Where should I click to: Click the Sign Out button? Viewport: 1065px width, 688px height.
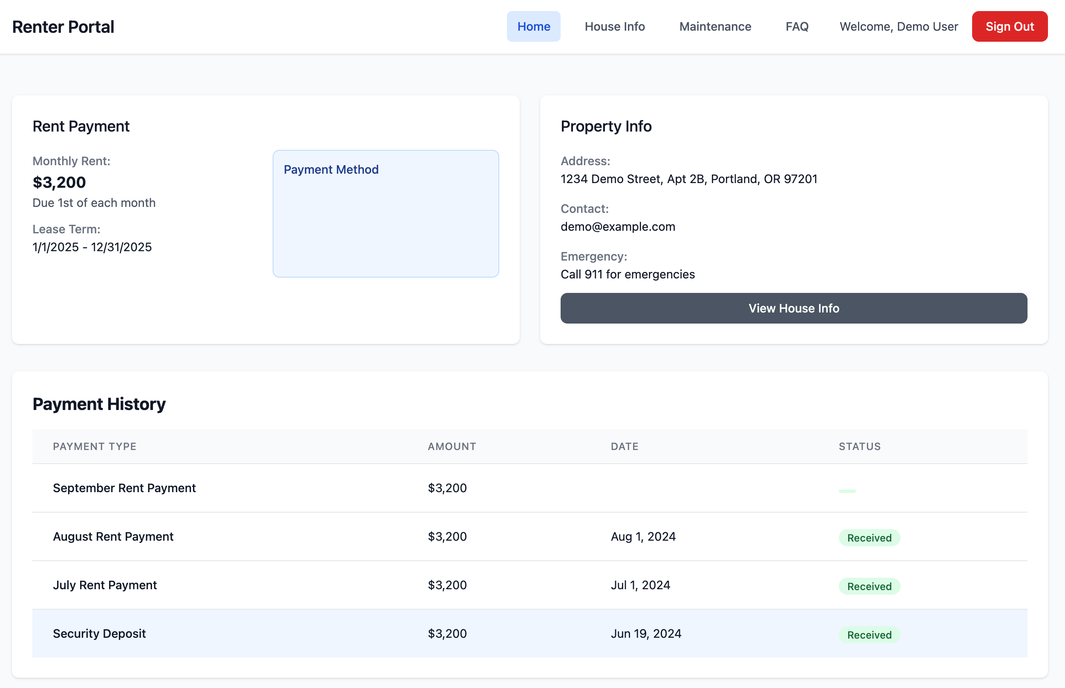pyautogui.click(x=1009, y=26)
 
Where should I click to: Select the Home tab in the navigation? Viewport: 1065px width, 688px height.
pyautogui.click(x=533, y=26)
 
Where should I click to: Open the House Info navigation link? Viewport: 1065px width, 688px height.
pyautogui.click(x=615, y=26)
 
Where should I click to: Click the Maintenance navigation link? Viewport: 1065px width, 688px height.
pyautogui.click(x=715, y=26)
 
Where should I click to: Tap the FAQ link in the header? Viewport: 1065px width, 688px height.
pyautogui.click(x=797, y=26)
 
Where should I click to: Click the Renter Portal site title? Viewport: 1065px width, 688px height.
pyautogui.click(x=63, y=27)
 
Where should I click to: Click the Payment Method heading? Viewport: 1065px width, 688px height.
pyautogui.click(x=331, y=169)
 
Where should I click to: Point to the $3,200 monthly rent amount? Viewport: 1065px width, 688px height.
pyautogui.click(x=59, y=182)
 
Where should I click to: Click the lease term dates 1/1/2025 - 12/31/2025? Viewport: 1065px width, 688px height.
pyautogui.click(x=92, y=247)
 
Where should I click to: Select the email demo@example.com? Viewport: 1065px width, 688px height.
pyautogui.click(x=618, y=226)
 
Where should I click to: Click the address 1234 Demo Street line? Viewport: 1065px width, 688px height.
pyautogui.click(x=689, y=179)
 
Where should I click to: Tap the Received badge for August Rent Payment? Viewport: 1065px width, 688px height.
pyautogui.click(x=869, y=537)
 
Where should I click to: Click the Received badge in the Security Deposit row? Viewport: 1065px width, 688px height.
pyautogui.click(x=869, y=634)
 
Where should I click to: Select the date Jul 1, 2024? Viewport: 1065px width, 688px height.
pyautogui.click(x=640, y=585)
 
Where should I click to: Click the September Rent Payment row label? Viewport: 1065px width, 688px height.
pyautogui.click(x=124, y=488)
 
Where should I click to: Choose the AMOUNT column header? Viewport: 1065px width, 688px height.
pyautogui.click(x=452, y=446)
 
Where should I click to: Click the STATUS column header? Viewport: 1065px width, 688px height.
pyautogui.click(x=859, y=446)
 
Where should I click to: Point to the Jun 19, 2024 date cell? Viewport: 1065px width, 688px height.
pyautogui.click(x=646, y=634)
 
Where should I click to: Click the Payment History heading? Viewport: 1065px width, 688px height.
pyautogui.click(x=99, y=404)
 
